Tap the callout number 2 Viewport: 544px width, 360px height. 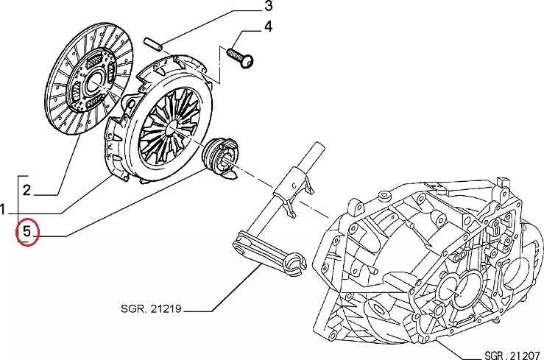tap(27, 191)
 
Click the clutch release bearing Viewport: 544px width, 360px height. tap(220, 155)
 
